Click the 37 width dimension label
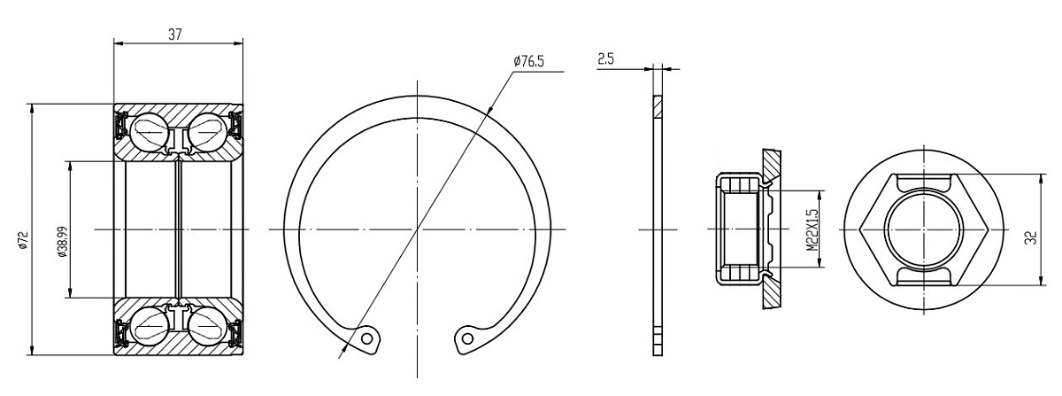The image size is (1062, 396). click(x=175, y=35)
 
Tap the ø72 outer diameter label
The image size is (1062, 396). click(x=22, y=240)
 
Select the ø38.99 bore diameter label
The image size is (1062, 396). click(x=62, y=241)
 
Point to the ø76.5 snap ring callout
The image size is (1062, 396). click(x=528, y=61)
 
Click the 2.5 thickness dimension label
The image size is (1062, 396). click(x=605, y=58)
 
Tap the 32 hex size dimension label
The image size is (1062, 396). click(x=1031, y=237)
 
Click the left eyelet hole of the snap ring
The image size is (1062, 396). click(x=366, y=338)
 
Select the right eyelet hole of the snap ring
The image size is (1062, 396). click(x=467, y=338)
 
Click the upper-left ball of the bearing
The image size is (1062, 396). click(x=150, y=131)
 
